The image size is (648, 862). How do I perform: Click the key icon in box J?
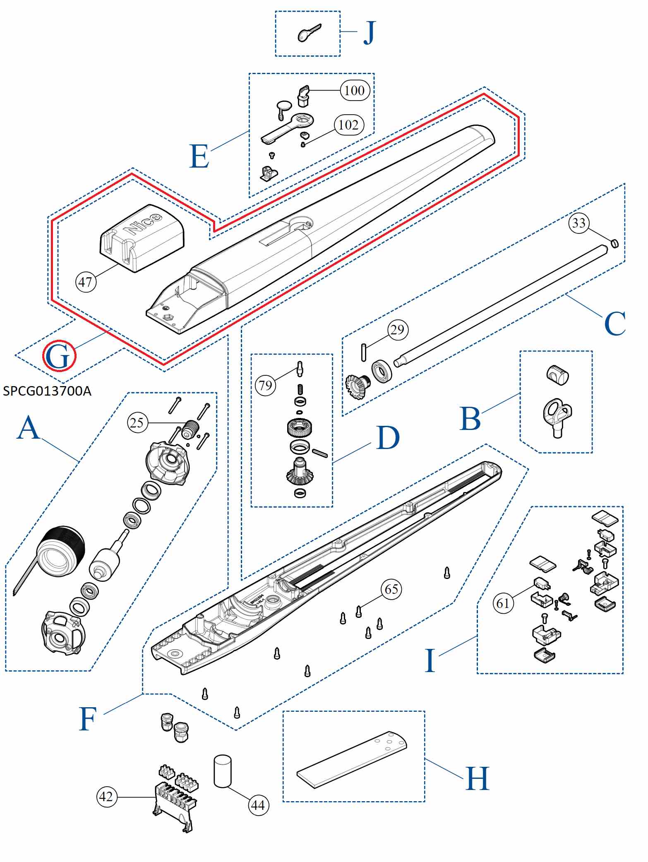tap(309, 33)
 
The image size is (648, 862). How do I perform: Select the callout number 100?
tap(355, 90)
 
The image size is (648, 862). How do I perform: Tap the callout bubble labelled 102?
tap(349, 125)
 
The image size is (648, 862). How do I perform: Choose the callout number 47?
tap(86, 282)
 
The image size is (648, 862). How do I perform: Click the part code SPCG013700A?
tap(47, 391)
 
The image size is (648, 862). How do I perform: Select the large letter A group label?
tap(28, 428)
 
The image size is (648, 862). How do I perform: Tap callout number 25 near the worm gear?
tap(137, 423)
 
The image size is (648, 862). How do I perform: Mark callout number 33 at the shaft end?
tap(579, 223)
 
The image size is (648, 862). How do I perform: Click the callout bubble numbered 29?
tap(398, 329)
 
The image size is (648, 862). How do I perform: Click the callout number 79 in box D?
tap(266, 385)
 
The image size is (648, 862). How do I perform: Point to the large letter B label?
tap(470, 419)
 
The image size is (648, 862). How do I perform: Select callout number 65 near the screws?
tap(391, 589)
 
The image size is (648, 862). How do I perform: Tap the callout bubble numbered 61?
tap(503, 603)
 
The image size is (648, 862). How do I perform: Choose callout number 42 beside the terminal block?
tap(106, 796)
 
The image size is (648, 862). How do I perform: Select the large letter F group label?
tap(88, 719)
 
